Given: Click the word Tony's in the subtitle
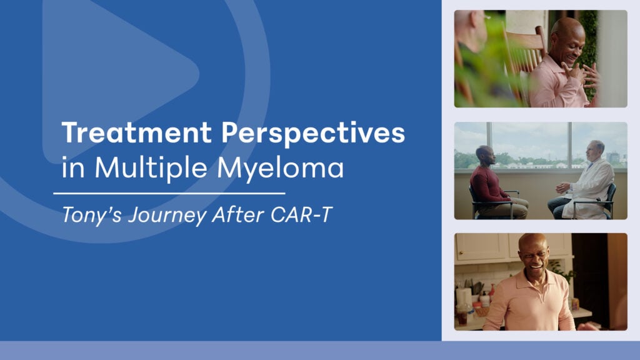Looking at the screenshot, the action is (x=91, y=216).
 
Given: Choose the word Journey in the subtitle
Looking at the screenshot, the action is (x=167, y=216).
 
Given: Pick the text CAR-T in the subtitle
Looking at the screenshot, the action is (x=301, y=215).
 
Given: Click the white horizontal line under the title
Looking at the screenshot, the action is (x=169, y=194).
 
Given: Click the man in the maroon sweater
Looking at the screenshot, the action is (x=495, y=183).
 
